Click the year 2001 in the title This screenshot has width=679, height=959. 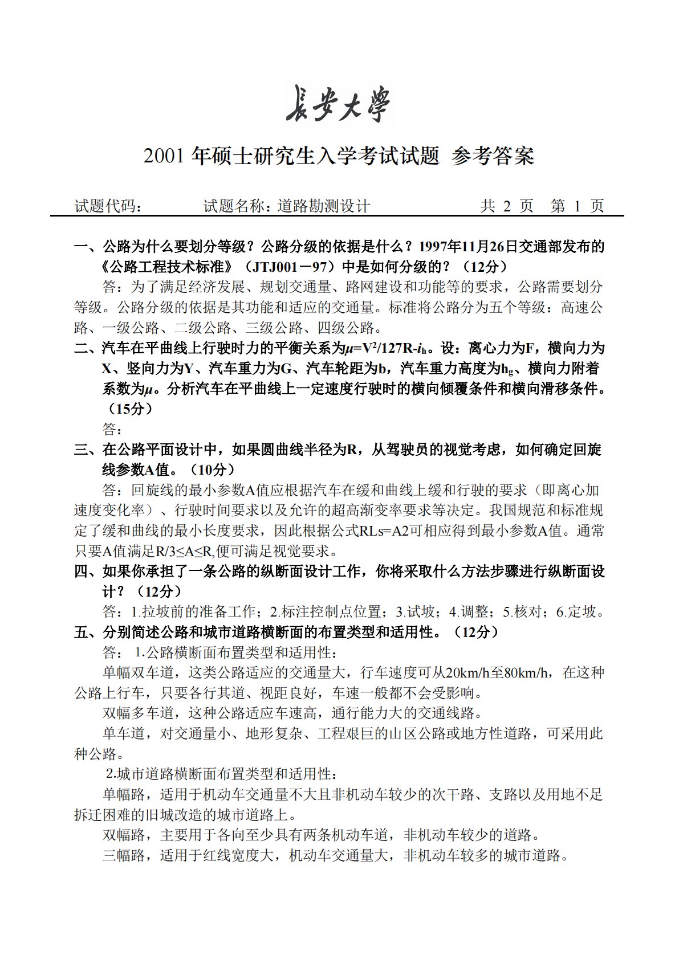[x=165, y=156]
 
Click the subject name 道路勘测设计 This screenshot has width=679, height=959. [x=323, y=206]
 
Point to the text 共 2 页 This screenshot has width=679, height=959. [x=507, y=206]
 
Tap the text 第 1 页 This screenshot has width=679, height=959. [x=577, y=206]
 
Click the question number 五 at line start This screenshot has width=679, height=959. [x=81, y=632]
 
